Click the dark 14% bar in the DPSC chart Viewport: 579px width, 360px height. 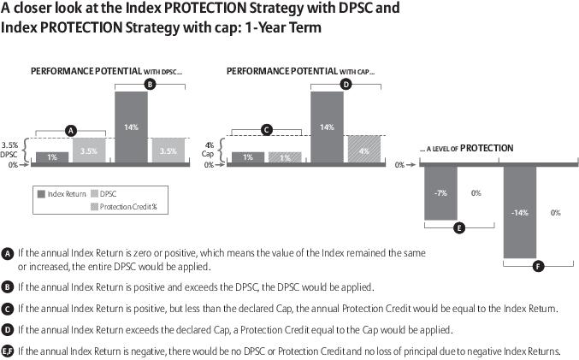click(x=131, y=127)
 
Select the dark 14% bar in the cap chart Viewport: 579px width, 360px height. click(x=327, y=127)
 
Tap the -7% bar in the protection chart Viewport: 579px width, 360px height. click(x=440, y=194)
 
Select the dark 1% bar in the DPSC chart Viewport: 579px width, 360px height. click(x=52, y=157)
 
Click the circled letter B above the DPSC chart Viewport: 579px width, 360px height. click(x=150, y=84)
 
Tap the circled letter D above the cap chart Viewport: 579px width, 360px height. click(x=346, y=84)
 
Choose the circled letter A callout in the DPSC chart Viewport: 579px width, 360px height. click(x=71, y=130)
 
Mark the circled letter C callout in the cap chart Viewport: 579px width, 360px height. click(x=267, y=130)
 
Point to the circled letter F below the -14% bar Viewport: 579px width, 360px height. click(x=537, y=266)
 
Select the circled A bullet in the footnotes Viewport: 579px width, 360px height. click(x=8, y=254)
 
